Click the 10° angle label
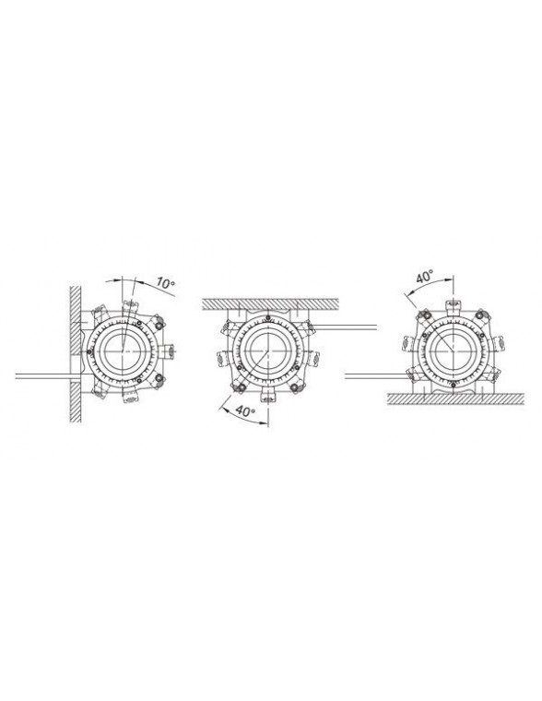165,283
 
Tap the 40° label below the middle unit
244,410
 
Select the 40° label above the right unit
425,277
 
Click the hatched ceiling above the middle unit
270,303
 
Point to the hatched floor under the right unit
455,398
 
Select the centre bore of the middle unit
266,350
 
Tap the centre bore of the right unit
454,351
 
